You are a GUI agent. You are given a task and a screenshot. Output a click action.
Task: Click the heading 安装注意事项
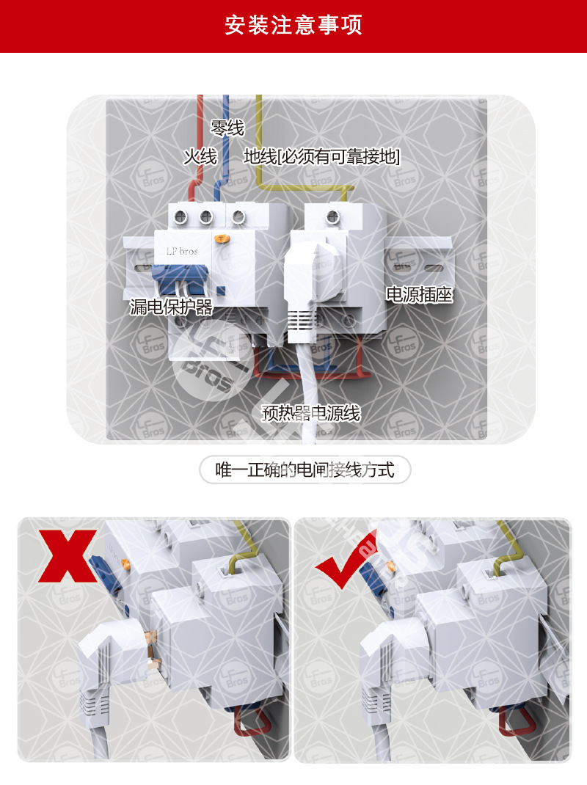tap(293, 26)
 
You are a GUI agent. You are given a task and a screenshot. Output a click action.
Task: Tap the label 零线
tap(227, 128)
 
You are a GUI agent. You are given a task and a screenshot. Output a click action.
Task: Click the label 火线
tap(200, 156)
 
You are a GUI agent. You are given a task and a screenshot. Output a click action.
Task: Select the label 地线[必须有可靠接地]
tap(321, 156)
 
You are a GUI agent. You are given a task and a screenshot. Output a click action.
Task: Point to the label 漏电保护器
tap(171, 307)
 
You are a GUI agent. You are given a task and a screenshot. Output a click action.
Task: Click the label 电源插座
tap(419, 295)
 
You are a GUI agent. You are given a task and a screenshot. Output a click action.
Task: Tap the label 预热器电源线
tap(311, 413)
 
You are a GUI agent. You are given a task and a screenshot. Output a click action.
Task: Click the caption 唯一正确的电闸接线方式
tap(305, 470)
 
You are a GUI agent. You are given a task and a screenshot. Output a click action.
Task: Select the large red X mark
tap(68, 555)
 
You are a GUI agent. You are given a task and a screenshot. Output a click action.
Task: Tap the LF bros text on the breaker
tap(181, 251)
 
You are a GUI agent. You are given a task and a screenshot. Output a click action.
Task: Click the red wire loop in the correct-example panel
tap(517, 722)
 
